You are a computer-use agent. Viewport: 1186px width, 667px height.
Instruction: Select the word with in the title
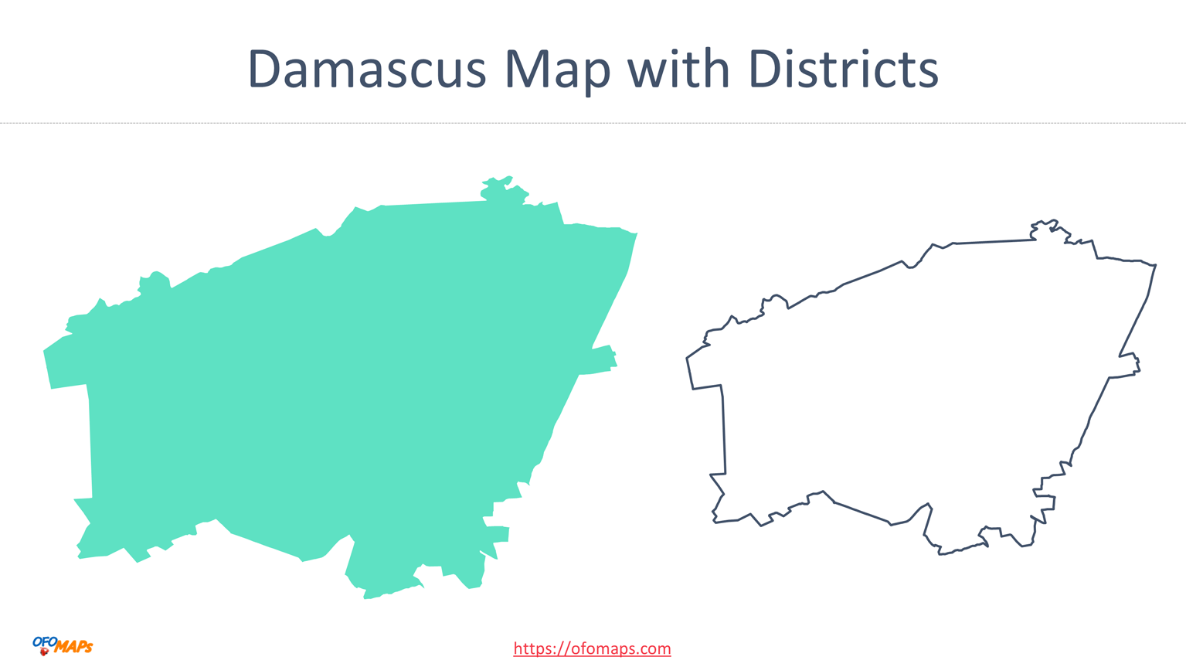tap(678, 70)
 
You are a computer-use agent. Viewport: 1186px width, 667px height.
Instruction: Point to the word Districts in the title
tap(843, 70)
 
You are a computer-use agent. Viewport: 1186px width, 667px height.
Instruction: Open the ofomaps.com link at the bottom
tap(592, 648)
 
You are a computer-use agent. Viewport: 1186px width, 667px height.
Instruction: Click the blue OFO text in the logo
tap(45, 641)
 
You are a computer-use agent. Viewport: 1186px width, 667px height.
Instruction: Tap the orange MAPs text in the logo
tap(74, 647)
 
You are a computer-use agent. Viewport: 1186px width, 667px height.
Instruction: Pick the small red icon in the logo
tap(44, 652)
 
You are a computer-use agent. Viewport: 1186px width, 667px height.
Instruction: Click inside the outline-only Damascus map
tap(912, 386)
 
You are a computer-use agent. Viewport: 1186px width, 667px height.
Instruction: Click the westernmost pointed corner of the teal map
tap(45, 352)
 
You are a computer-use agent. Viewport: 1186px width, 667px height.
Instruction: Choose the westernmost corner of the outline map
tap(688, 359)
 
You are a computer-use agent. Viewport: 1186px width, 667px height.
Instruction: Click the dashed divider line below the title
tap(593, 123)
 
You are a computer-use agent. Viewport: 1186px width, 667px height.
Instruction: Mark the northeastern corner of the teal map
tap(635, 233)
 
